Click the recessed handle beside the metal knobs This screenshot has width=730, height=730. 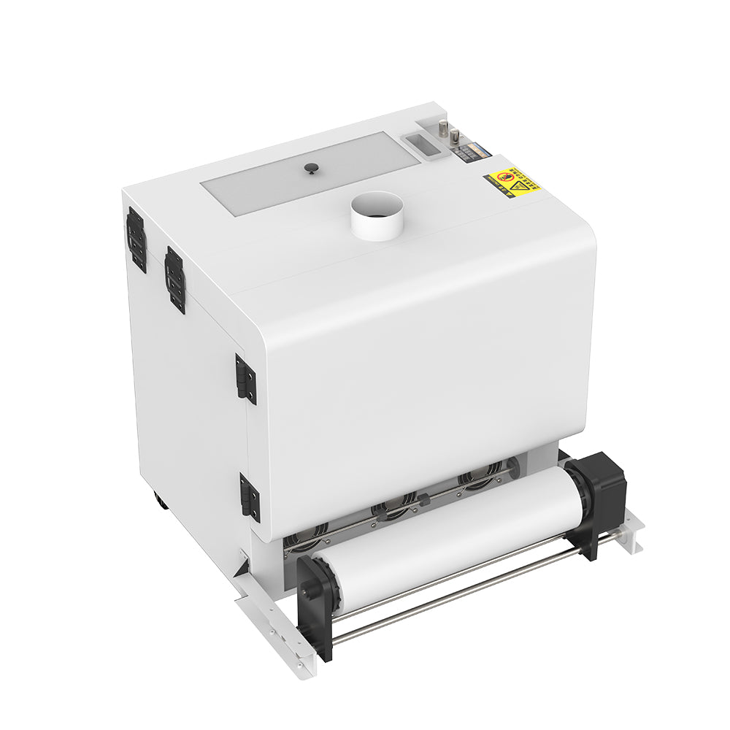pos(426,145)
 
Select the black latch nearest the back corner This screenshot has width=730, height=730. pos(137,239)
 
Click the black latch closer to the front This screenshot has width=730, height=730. pos(174,280)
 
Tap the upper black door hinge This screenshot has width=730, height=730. pos(246,379)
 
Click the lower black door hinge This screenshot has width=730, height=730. pos(250,497)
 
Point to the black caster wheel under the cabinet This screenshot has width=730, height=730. pos(160,502)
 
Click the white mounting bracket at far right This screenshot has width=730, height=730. pos(629,529)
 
